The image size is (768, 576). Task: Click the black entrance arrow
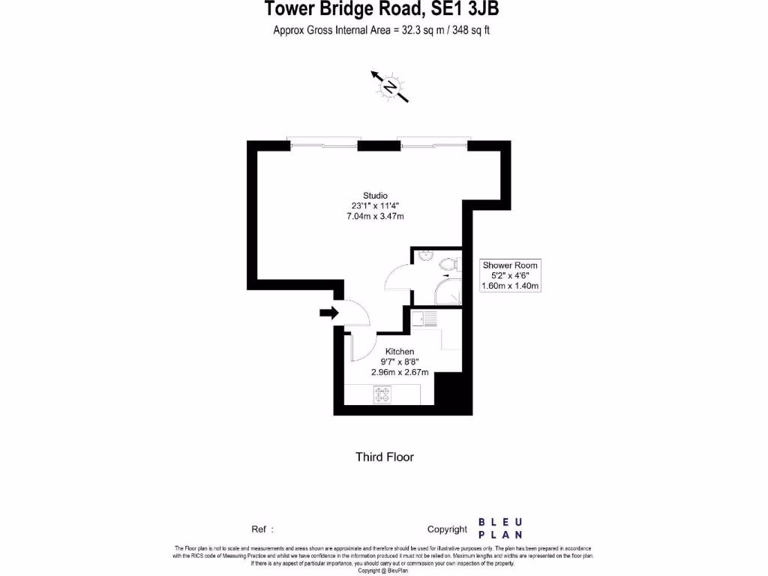pyautogui.click(x=328, y=313)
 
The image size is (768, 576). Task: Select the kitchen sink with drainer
pyautogui.click(x=424, y=319)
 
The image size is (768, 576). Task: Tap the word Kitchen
pyautogui.click(x=400, y=351)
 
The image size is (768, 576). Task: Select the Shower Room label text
pyautogui.click(x=510, y=265)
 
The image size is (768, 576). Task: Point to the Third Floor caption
pyautogui.click(x=385, y=457)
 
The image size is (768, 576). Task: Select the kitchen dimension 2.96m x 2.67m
pyautogui.click(x=400, y=372)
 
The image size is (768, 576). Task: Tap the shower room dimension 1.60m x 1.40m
pyautogui.click(x=510, y=286)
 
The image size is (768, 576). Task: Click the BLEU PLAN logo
pyautogui.click(x=500, y=528)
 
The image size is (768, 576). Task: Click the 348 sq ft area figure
pyautogui.click(x=470, y=31)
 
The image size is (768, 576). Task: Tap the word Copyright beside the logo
pyautogui.click(x=447, y=529)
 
